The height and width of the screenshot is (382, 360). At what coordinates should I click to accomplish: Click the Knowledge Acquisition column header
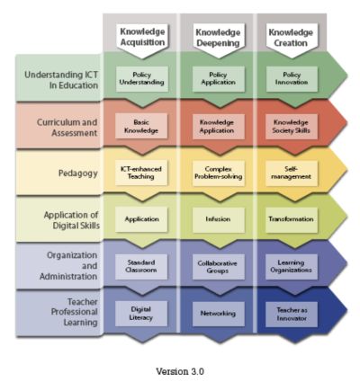pos(142,37)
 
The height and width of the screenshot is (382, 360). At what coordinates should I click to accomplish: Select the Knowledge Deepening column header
pos(218,38)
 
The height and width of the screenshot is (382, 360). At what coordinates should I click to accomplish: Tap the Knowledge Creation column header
pos(291,38)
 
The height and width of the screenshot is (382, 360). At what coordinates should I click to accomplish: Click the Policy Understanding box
pos(142,79)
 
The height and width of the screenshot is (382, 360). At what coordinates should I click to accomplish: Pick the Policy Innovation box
pos(292,79)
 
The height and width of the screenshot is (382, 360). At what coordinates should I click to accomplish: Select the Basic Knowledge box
pos(141,126)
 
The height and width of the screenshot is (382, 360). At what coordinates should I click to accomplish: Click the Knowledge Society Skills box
pos(292,127)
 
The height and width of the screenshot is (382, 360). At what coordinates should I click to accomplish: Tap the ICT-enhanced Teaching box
pos(141,173)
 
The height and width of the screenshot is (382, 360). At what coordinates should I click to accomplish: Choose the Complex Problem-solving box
pos(219,173)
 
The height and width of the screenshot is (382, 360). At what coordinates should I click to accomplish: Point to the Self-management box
pos(292,173)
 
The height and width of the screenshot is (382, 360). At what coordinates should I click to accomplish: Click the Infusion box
pos(219,219)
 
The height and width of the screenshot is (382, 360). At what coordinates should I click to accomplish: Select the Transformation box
pos(292,219)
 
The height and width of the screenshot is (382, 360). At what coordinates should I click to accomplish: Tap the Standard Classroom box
pos(141,267)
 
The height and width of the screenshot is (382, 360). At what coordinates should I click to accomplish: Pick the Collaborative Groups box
pos(219,267)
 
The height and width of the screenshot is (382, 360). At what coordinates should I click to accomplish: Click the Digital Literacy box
pos(141,314)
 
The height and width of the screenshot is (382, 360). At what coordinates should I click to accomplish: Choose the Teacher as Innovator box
pos(292,314)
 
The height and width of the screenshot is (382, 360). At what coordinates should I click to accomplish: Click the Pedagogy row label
pos(78,173)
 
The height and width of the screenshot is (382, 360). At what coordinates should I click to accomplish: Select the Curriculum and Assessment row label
pos(67,128)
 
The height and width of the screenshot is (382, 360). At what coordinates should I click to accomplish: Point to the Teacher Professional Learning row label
pos(75,312)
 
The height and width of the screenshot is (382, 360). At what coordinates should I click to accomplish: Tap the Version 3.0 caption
pos(180,371)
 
